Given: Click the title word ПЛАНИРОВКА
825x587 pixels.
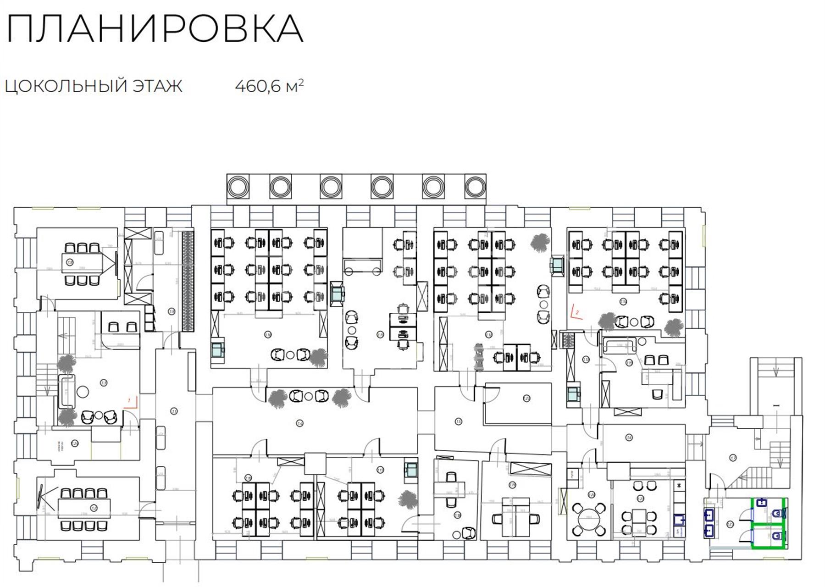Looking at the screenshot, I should (x=155, y=29).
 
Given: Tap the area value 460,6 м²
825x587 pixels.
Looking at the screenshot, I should (x=269, y=86).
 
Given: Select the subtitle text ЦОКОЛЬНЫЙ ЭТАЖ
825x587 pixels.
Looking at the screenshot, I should (x=94, y=86).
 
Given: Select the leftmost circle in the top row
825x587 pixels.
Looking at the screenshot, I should (x=238, y=187).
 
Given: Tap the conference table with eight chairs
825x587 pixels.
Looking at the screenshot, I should (x=84, y=509).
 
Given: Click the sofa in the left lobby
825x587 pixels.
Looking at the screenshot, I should (x=66, y=391).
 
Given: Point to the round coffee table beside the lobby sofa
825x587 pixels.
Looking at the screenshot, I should (x=83, y=392).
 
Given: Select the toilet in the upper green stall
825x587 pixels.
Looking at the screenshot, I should (x=777, y=514).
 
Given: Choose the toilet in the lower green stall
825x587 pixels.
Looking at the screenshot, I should (x=777, y=536).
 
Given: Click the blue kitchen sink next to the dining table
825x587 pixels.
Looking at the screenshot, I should (x=679, y=520).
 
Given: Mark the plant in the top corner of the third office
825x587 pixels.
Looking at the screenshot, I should (x=539, y=242).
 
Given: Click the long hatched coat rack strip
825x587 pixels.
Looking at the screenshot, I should (x=187, y=280).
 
